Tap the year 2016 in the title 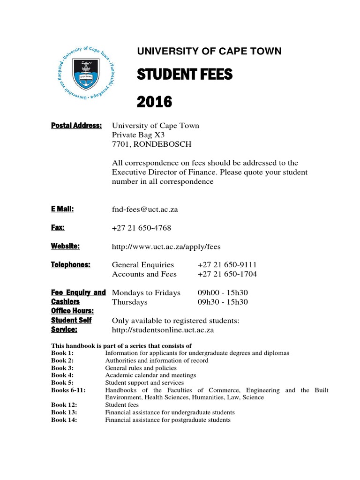154,101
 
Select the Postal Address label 76,125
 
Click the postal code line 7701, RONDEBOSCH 151,144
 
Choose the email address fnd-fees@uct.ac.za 145,210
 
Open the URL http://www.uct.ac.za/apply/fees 166,246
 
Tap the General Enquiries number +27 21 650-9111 227,265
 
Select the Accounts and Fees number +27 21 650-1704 227,274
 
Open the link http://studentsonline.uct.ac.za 163,330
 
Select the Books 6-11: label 67,390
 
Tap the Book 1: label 62,353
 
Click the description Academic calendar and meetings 150,375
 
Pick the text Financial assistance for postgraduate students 168,420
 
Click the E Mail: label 62,209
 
